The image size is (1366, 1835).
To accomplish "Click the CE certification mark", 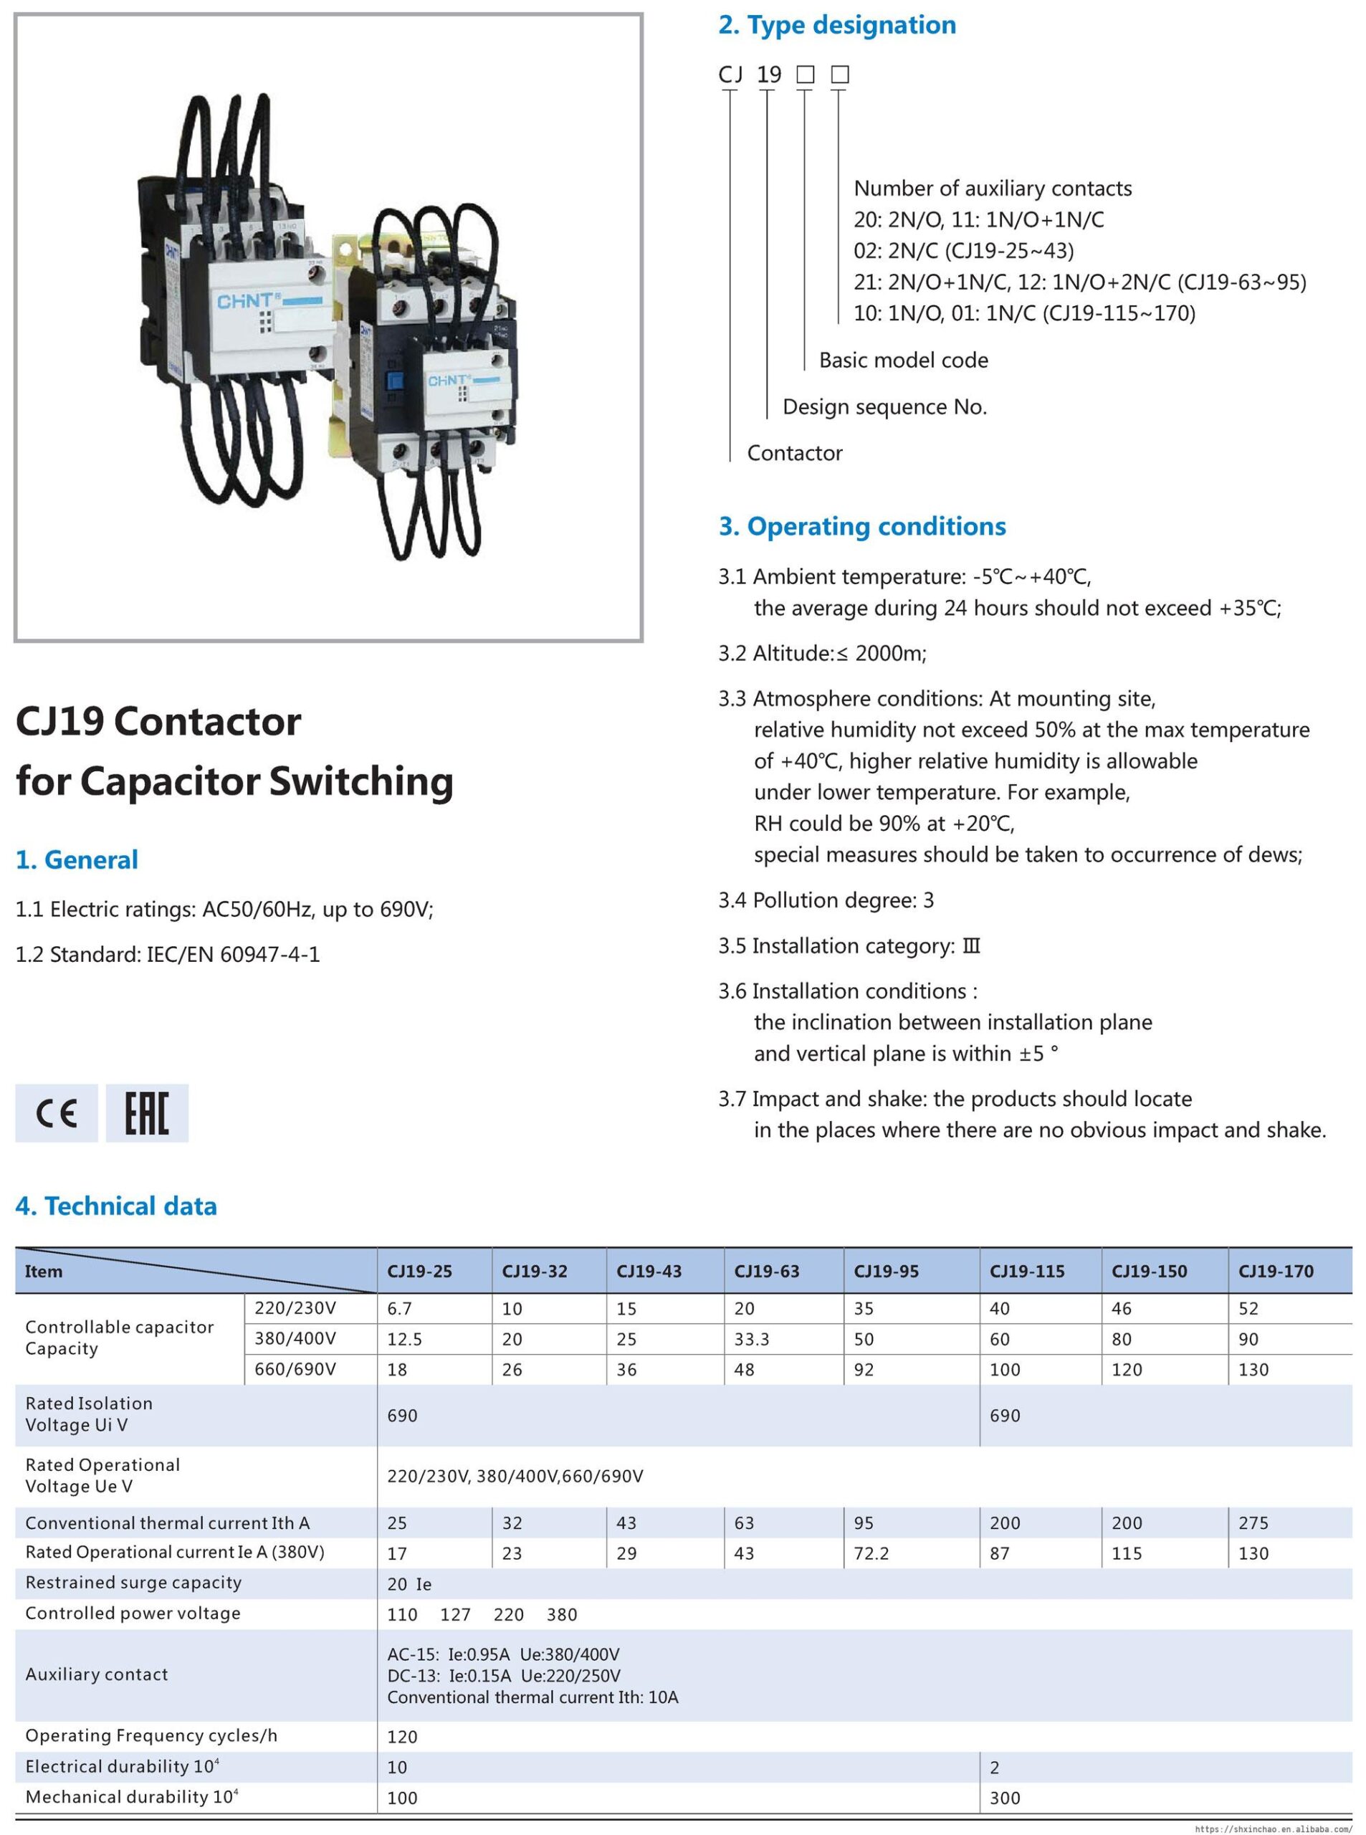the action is click(56, 1113).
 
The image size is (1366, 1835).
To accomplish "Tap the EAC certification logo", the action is click(147, 1113).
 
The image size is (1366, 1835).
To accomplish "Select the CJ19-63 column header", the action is click(767, 1271).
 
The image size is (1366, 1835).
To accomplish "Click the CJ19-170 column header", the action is click(1275, 1271).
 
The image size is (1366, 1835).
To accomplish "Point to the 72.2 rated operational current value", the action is click(871, 1553).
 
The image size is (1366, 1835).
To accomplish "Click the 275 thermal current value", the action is click(1253, 1522).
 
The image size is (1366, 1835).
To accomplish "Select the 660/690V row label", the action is click(295, 1369).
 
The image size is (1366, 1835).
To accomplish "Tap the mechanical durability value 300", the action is click(1005, 1798).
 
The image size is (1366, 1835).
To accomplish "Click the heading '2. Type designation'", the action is click(837, 25).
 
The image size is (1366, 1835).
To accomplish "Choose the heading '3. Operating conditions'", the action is click(861, 526).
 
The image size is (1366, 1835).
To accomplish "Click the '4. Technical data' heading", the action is click(116, 1206).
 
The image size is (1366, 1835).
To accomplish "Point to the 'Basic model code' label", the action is click(903, 360).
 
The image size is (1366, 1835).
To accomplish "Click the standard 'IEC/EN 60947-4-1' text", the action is click(233, 954).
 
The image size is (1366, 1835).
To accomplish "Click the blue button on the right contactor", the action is click(395, 382).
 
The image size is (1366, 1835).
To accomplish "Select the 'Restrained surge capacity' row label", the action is click(133, 1583).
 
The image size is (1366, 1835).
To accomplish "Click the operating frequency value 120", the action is click(402, 1737).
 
